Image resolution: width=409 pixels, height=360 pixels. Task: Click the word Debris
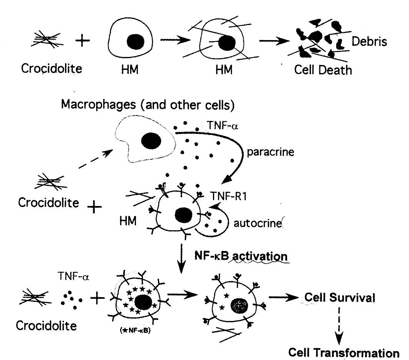pyautogui.click(x=369, y=42)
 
